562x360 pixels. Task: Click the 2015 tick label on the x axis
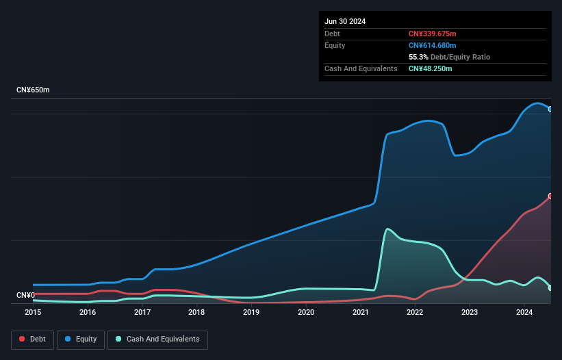click(33, 312)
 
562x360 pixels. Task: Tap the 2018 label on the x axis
click(196, 312)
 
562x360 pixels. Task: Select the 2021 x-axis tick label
click(361, 312)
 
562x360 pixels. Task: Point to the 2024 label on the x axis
click(524, 312)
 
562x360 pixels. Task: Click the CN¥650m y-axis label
click(33, 90)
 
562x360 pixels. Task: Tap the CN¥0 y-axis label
click(25, 296)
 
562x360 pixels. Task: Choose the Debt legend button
click(31, 339)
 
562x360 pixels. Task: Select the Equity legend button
click(81, 339)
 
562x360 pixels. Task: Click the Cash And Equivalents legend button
click(157, 339)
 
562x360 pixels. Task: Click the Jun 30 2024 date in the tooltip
click(345, 21)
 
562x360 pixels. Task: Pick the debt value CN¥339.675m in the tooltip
click(432, 34)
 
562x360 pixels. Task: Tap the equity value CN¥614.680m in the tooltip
click(432, 45)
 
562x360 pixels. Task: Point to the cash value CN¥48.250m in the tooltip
click(430, 68)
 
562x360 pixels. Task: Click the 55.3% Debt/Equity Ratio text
click(449, 57)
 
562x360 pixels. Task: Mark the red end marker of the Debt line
click(550, 196)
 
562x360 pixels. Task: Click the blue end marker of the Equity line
click(550, 109)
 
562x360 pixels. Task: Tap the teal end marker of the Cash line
click(550, 288)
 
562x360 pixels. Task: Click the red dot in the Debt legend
click(23, 339)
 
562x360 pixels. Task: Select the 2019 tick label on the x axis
click(251, 312)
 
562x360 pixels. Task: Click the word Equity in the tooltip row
click(335, 45)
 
